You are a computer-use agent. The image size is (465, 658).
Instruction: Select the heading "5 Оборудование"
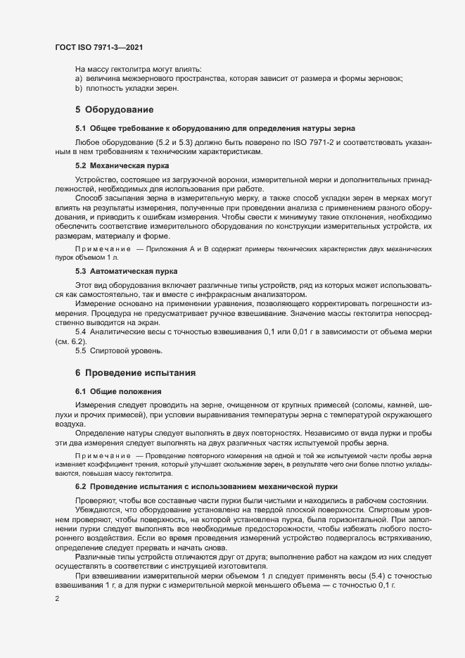[114, 109]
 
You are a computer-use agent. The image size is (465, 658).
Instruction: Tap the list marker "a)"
[79, 79]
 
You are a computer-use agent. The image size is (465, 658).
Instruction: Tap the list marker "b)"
[79, 89]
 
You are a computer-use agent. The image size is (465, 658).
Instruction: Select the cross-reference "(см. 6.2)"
[71, 341]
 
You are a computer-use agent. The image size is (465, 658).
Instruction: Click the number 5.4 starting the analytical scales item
[82, 331]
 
